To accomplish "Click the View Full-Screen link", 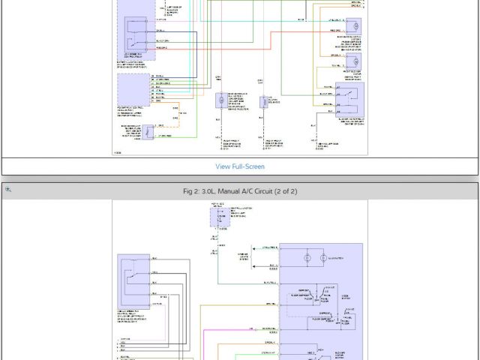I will (240, 166).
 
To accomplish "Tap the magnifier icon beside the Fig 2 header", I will (8, 190).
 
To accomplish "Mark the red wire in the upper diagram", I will (247, 48).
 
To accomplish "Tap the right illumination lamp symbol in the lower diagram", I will (324, 258).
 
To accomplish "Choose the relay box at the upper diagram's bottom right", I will (349, 97).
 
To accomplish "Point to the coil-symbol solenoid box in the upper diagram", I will (265, 101).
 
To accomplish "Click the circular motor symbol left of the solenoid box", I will (221, 100).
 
